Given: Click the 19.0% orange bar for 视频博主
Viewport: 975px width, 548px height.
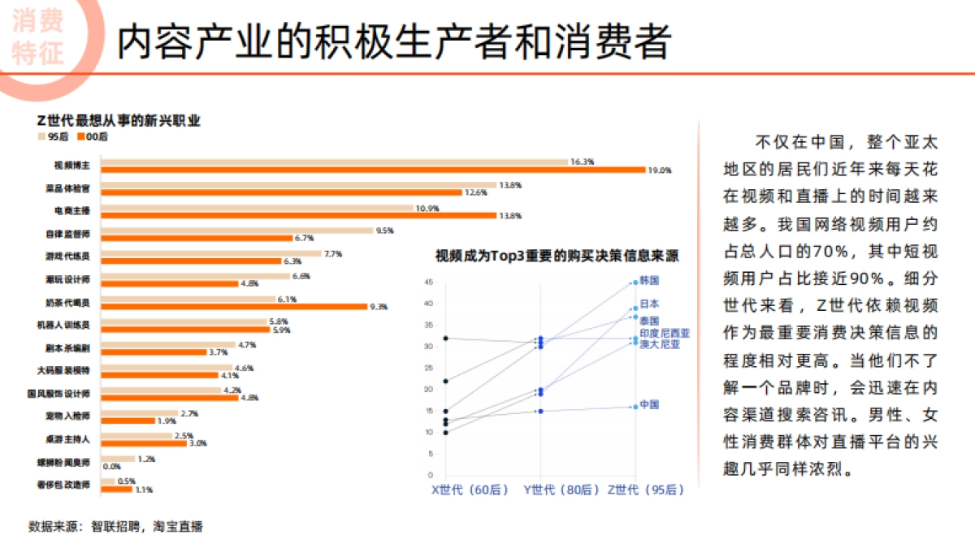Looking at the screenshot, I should (x=373, y=170).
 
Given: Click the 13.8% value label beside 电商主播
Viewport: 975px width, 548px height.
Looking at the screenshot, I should (x=509, y=216).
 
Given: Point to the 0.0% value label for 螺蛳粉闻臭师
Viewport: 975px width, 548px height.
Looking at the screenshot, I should (x=110, y=466).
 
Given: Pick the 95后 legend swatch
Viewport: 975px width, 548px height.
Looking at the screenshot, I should (x=41, y=138).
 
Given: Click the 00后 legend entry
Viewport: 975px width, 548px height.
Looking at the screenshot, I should (x=92, y=138).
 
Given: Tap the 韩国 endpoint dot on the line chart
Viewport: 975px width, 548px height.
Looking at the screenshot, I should (x=635, y=283).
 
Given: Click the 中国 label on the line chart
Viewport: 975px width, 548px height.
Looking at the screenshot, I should (x=648, y=404).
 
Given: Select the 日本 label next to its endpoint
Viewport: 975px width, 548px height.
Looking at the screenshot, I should (x=649, y=304).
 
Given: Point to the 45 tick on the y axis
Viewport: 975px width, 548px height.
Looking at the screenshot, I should (x=428, y=283).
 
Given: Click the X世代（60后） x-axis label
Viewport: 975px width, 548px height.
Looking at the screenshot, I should (x=470, y=490).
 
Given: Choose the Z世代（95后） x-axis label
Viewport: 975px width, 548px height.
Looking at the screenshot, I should (x=646, y=490).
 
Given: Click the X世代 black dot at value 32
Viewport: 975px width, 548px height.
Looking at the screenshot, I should (x=445, y=338).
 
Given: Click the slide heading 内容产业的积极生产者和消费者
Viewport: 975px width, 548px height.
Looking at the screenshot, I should (x=393, y=42).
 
